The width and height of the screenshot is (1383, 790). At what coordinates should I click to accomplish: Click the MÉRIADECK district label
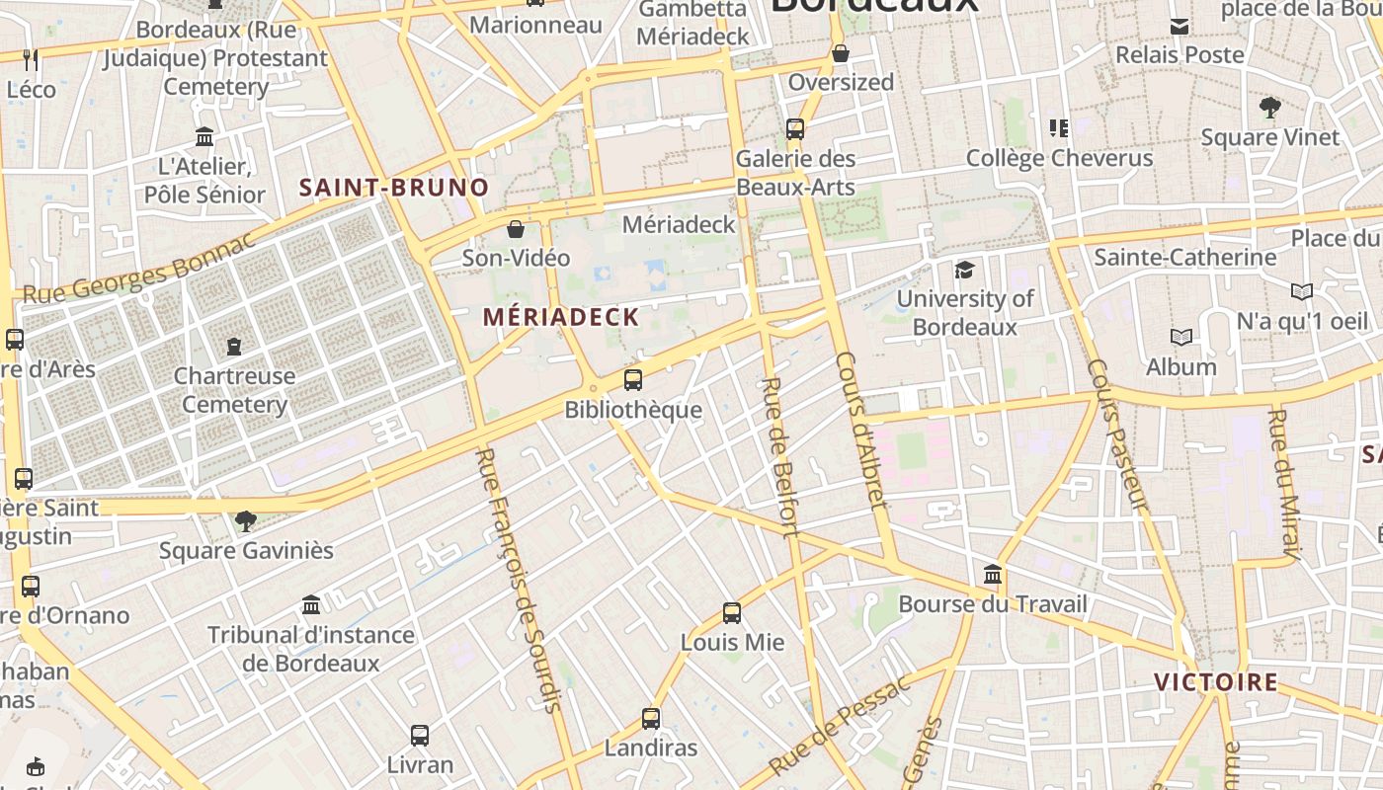561,317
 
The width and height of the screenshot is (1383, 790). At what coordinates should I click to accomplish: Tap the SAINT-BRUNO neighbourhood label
394,187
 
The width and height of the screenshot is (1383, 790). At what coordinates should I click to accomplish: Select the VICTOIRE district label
1215,681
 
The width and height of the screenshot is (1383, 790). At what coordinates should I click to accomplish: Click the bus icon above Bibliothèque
632,379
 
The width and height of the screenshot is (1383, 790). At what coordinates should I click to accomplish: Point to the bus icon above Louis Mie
731,612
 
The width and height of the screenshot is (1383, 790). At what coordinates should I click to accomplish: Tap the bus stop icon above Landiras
650,718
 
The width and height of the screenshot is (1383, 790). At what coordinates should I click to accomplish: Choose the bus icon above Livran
420,735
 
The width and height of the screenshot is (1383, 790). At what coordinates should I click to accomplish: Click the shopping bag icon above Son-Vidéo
516,230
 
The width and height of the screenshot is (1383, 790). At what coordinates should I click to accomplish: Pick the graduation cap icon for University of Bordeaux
964,270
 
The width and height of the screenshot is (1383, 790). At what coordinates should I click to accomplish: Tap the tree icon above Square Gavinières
246,520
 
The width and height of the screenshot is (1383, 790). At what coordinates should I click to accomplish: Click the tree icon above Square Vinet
1270,108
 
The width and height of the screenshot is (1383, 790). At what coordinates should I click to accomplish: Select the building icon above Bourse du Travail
993,574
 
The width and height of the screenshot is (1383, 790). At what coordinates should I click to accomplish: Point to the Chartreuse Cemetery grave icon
234,346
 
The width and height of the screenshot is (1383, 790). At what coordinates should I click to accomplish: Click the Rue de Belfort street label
780,456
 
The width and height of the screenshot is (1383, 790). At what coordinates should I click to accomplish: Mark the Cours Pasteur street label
1117,434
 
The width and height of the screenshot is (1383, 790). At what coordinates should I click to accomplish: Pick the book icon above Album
1180,337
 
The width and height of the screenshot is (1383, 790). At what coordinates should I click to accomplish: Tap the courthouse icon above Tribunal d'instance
311,603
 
